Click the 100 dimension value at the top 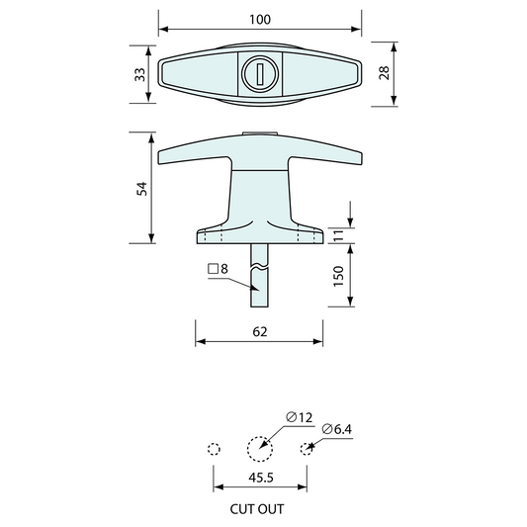point(260,20)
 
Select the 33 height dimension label point(140,74)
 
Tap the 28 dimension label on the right point(385,72)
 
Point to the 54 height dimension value point(142,189)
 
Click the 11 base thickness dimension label point(339,235)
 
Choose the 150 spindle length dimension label point(339,276)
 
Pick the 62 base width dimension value point(260,332)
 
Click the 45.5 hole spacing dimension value point(261,478)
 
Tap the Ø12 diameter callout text point(300,417)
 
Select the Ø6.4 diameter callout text point(337,429)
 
